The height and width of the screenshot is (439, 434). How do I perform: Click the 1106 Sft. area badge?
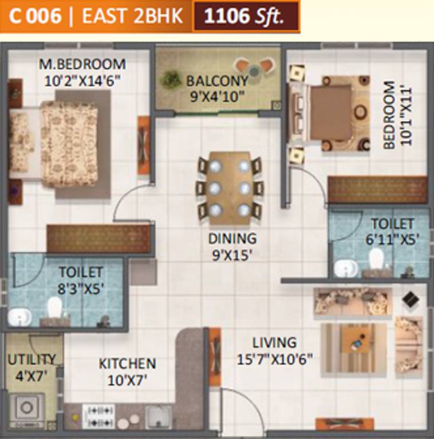[246, 16]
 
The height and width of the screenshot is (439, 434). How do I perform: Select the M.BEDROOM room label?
[82, 63]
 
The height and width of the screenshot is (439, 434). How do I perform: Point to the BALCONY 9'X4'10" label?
[217, 88]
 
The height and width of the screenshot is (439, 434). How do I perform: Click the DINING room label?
[232, 238]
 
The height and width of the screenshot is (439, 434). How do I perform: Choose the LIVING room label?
[274, 342]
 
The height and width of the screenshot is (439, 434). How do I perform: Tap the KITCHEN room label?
[127, 364]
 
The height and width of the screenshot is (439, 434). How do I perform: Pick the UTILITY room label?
[31, 360]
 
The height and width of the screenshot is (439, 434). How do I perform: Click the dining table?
[230, 187]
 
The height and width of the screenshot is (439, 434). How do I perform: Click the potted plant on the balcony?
[171, 79]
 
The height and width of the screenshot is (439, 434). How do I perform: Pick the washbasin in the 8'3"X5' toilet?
[21, 316]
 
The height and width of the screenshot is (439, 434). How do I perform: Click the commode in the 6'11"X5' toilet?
[377, 260]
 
